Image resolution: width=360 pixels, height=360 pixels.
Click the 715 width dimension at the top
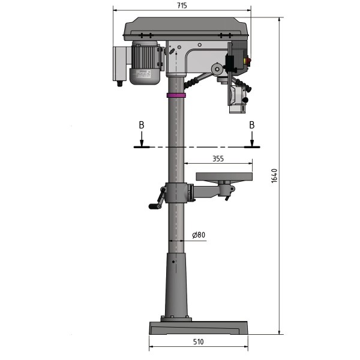coord(182,5)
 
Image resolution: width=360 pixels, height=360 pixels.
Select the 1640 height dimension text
coord(274,175)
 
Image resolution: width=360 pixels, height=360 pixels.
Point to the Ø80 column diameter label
coord(199,235)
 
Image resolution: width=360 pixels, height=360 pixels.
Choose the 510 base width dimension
coord(199,341)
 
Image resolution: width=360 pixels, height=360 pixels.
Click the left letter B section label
coord(141,125)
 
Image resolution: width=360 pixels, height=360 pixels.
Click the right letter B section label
coord(251,125)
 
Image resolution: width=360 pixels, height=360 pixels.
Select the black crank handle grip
coord(152,206)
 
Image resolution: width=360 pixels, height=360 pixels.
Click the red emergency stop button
coord(250,61)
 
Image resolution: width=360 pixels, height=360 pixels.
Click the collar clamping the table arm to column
coord(176,194)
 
